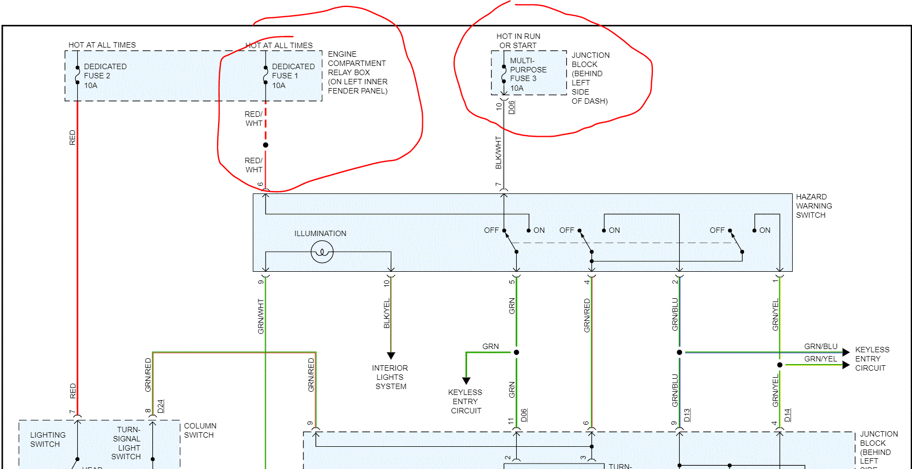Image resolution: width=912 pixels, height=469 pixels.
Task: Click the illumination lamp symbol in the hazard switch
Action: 322,252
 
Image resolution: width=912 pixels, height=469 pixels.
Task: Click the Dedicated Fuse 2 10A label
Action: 105,76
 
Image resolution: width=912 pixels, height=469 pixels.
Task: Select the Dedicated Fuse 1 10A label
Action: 293,76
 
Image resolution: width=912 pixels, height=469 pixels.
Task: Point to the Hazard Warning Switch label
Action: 813,206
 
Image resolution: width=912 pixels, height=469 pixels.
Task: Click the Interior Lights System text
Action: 390,377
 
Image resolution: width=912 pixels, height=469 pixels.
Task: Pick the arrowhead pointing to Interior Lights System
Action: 391,356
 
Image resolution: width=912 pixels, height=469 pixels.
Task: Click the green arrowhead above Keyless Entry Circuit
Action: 466,380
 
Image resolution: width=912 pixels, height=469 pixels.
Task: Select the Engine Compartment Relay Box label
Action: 357,72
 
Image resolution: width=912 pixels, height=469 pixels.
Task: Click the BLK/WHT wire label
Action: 498,152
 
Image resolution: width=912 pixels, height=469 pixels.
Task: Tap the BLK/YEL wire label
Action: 387,313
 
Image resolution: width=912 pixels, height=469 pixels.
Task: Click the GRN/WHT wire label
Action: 261,316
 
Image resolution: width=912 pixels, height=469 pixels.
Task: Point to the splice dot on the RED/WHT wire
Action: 265,145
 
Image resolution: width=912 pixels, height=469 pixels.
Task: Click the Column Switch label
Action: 200,431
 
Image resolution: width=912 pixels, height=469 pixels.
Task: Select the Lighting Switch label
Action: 48,439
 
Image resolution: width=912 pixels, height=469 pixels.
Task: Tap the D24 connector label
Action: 160,406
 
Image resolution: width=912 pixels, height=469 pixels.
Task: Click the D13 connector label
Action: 687,415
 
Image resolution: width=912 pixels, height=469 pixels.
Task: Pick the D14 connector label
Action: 787,415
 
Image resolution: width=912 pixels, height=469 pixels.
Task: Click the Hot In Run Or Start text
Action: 518,41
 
